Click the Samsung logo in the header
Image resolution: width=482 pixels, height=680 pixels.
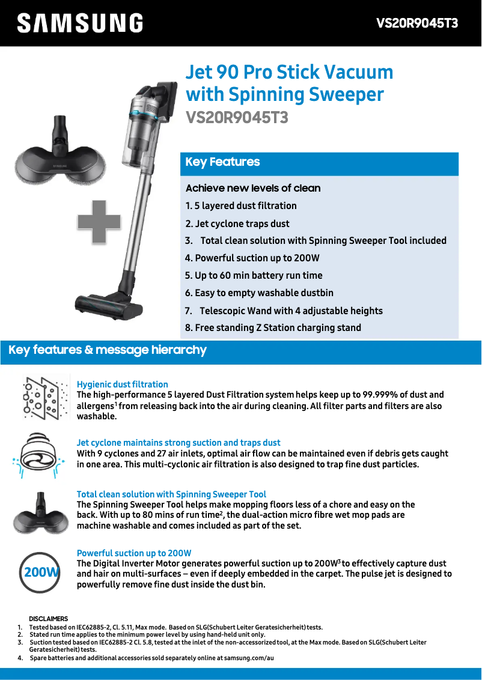coord(81,23)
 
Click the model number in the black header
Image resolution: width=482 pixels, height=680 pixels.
coord(417,23)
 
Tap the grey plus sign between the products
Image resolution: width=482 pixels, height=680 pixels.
coord(99,222)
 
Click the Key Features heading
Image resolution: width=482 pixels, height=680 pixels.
coord(222,162)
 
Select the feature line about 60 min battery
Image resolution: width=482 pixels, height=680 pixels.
coord(254,275)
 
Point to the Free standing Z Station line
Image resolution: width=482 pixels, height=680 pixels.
coord(273,327)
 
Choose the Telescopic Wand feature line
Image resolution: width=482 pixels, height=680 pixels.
coord(284,311)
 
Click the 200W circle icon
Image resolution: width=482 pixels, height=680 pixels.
coord(39,572)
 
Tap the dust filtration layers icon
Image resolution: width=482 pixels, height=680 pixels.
coord(46,397)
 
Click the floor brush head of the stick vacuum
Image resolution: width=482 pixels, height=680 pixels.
coord(103,304)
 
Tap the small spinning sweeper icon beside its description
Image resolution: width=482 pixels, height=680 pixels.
coord(41,512)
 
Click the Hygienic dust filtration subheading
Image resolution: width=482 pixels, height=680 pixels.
coord(123,384)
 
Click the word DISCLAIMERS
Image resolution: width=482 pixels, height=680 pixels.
coord(49,619)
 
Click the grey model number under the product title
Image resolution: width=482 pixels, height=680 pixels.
coord(237,118)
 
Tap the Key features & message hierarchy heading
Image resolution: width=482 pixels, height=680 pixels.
coord(108,350)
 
